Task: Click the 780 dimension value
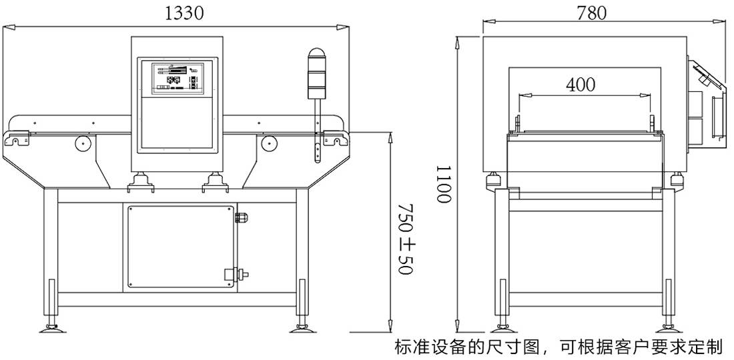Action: (x=591, y=13)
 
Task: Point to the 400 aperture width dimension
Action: (x=580, y=85)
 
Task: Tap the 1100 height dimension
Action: (x=445, y=185)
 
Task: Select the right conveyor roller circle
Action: (x=270, y=142)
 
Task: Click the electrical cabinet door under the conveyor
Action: (x=180, y=247)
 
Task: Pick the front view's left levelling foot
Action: (x=51, y=327)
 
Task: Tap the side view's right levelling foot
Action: (x=666, y=327)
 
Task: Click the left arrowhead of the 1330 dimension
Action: (x=8, y=27)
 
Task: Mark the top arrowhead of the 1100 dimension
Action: (x=457, y=41)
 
